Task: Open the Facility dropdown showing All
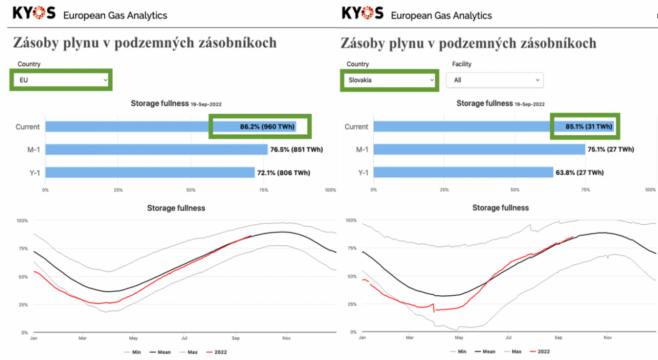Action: click(x=494, y=80)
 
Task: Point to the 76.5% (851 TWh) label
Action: click(x=296, y=150)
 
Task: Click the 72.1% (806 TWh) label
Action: click(x=283, y=173)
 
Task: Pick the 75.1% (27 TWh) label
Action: click(x=611, y=149)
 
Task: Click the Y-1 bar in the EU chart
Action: click(x=149, y=173)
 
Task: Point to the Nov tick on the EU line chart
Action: click(x=286, y=338)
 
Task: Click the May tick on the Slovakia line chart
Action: click(x=459, y=337)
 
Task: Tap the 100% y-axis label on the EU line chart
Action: click(x=22, y=221)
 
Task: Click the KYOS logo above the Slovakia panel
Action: click(x=363, y=14)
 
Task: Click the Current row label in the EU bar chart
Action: click(x=27, y=127)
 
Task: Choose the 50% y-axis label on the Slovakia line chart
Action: click(x=351, y=276)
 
